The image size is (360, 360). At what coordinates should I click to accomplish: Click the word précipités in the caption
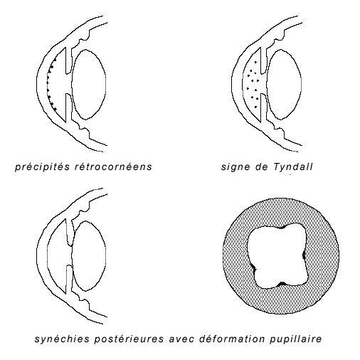point(43,166)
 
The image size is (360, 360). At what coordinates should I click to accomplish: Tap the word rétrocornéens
point(113,166)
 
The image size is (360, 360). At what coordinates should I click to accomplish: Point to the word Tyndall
point(293,166)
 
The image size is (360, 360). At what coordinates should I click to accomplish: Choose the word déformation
point(232,339)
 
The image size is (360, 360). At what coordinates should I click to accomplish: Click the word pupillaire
point(295,339)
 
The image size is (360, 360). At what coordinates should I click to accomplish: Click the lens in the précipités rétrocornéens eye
point(89,84)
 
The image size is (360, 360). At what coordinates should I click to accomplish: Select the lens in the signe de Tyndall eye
point(284,84)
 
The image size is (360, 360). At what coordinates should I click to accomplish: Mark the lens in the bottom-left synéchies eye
point(89,256)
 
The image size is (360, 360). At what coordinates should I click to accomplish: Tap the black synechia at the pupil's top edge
point(282,227)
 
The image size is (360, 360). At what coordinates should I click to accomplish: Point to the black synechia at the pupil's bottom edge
point(282,284)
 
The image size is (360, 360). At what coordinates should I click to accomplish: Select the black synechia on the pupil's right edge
point(304,255)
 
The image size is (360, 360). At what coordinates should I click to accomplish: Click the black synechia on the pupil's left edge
point(254,268)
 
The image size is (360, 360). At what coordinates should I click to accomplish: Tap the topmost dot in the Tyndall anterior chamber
point(255,62)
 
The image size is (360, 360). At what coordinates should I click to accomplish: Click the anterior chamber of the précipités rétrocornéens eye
point(57,85)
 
